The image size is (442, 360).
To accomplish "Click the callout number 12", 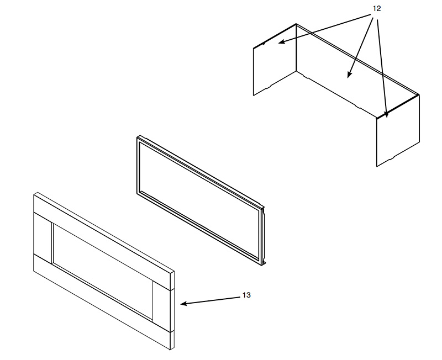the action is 377,9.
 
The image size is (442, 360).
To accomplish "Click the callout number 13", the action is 246,295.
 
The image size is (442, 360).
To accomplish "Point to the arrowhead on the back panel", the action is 349,75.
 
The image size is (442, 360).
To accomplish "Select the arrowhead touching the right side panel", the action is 386,114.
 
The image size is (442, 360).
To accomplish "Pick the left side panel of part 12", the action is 275,60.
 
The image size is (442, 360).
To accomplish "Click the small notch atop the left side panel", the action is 264,44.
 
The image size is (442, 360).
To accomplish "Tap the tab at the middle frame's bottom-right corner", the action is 264,263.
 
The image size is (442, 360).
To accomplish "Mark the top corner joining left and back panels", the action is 296,24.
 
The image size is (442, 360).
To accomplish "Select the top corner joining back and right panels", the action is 418,95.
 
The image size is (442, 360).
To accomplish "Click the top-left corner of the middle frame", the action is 138,137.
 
